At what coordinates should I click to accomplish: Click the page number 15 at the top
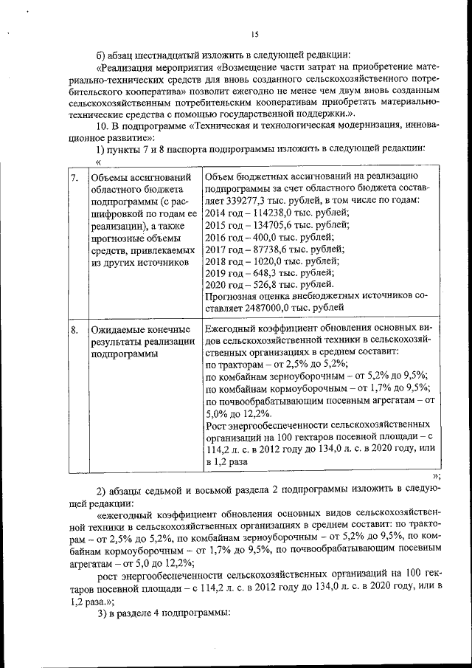pyautogui.click(x=254, y=34)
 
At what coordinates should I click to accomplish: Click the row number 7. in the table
pyautogui.click(x=74, y=179)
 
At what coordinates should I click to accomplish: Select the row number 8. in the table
pyautogui.click(x=74, y=330)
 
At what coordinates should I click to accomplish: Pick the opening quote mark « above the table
pyautogui.click(x=98, y=162)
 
